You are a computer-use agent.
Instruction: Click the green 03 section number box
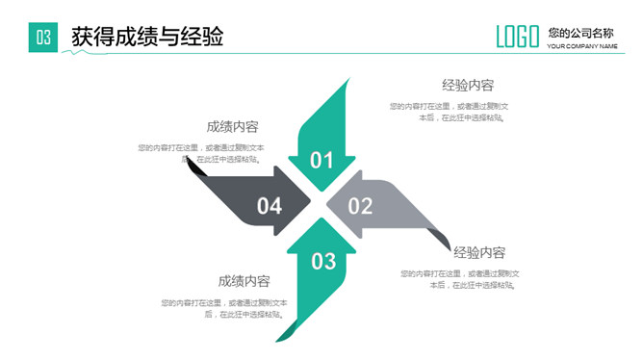tap(43, 38)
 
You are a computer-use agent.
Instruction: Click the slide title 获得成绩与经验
tap(147, 38)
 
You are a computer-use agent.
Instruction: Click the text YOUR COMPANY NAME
tap(582, 46)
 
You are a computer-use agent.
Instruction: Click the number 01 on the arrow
tap(321, 160)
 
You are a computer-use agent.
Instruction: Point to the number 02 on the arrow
tap(359, 205)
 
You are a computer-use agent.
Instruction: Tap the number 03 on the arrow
tap(323, 260)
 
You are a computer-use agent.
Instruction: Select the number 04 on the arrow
tap(270, 205)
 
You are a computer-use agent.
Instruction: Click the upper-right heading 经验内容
tap(468, 85)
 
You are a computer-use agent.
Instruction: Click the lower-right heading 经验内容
tap(479, 253)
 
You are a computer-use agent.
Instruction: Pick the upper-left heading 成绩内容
tap(232, 126)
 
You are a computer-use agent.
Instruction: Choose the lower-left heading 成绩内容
tap(244, 281)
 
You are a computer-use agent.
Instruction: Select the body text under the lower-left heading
tap(223, 308)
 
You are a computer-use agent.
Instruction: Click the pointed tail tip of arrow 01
tap(345, 84)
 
